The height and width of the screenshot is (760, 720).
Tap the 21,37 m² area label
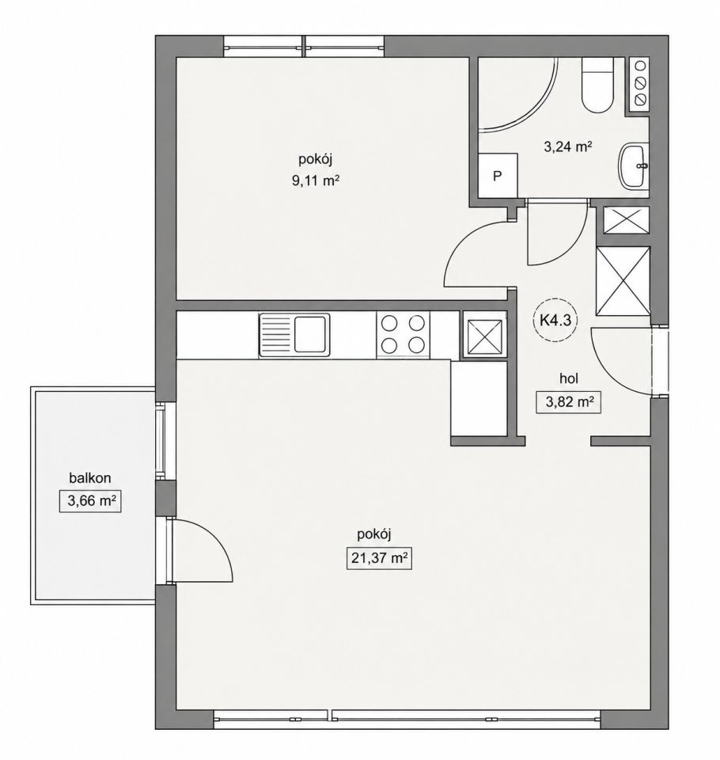coord(379,558)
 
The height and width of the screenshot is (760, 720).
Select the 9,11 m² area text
coord(314,181)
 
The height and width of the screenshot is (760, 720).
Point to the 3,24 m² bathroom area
coord(568,146)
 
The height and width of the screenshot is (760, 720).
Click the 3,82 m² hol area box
coord(568,402)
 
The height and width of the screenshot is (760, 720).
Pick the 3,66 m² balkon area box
coord(90,501)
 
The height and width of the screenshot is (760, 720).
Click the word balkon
coord(90,478)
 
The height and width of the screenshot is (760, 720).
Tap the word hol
coord(569,378)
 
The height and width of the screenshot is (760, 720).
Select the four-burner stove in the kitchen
coord(403,334)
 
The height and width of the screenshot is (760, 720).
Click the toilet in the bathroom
coord(597,85)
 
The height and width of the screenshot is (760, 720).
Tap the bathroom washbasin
coord(634,166)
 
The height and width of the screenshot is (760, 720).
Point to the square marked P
coord(497,176)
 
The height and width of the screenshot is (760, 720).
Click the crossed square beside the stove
coord(484,335)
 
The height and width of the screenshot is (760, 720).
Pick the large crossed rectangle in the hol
coord(623,280)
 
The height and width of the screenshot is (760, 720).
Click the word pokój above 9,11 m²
coord(315,159)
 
